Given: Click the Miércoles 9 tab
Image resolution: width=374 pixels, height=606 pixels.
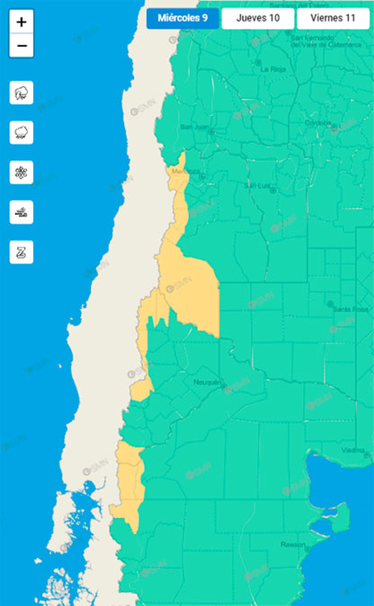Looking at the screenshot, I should pyautogui.click(x=183, y=18).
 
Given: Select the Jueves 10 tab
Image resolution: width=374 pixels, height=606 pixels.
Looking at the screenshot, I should pyautogui.click(x=258, y=18).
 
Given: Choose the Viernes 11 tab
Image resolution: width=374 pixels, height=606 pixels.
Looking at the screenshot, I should pyautogui.click(x=333, y=18).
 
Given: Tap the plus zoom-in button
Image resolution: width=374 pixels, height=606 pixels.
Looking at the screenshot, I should pyautogui.click(x=21, y=22).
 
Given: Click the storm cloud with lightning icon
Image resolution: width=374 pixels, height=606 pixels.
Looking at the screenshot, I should pyautogui.click(x=21, y=93).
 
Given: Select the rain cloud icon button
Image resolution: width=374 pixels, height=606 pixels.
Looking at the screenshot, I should pyautogui.click(x=21, y=133).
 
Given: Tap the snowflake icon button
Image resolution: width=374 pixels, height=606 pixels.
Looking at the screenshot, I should pyautogui.click(x=21, y=172).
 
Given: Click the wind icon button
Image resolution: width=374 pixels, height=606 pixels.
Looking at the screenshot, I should pyautogui.click(x=21, y=212).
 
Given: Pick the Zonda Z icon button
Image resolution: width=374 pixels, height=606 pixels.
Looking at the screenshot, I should pyautogui.click(x=21, y=252).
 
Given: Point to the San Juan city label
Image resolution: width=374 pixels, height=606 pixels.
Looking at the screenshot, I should pyautogui.click(x=194, y=127).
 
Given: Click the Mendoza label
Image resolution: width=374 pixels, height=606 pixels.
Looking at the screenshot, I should pyautogui.click(x=185, y=171).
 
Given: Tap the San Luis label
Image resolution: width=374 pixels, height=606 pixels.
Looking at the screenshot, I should pyautogui.click(x=257, y=186).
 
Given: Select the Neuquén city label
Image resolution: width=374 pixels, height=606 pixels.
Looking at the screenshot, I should pyautogui.click(x=207, y=382).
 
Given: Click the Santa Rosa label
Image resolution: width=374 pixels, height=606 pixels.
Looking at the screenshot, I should pyautogui.click(x=350, y=309).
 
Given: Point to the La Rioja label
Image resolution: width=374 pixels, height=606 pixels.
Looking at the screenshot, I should pyautogui.click(x=273, y=69).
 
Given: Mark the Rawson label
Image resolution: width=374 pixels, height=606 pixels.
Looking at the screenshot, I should pyautogui.click(x=293, y=544).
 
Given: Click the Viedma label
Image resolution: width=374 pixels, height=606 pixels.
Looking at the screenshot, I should pyautogui.click(x=353, y=450).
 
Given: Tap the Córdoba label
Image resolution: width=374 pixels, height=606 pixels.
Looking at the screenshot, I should pyautogui.click(x=317, y=123).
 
